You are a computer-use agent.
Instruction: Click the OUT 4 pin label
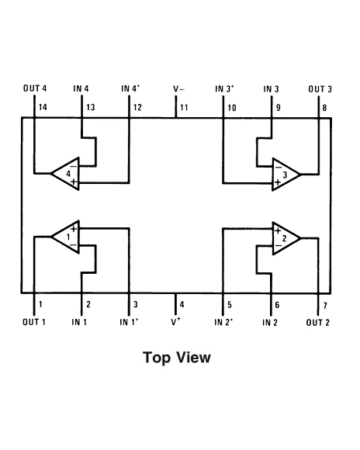point(34,89)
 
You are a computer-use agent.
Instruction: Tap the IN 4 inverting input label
point(81,89)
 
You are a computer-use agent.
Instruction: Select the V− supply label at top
point(178,89)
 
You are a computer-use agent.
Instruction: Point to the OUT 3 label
point(320,89)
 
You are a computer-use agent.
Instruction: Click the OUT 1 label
point(34,321)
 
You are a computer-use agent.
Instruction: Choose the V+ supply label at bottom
point(176,320)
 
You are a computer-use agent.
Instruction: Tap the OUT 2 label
point(318,321)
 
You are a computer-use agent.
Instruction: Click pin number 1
point(40,304)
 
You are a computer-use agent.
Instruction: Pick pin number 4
point(182,304)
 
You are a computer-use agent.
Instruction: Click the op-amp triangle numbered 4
point(66,173)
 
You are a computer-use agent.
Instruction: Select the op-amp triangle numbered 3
point(286,175)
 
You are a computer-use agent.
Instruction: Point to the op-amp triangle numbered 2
point(286,238)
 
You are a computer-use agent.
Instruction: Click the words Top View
point(177,358)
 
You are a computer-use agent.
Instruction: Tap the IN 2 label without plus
point(270,321)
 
